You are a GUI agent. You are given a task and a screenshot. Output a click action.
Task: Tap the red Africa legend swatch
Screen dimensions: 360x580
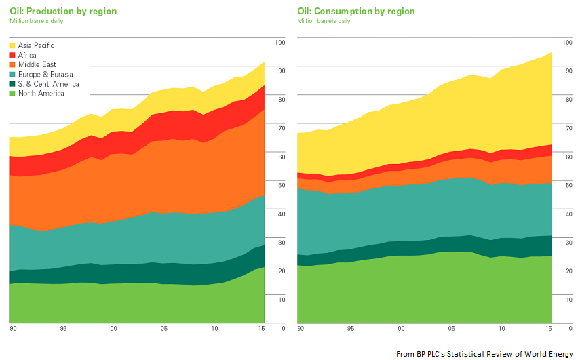click(x=14, y=56)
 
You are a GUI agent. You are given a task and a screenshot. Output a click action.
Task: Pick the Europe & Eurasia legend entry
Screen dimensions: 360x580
click(x=45, y=75)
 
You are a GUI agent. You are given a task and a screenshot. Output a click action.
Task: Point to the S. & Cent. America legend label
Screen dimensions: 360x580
click(x=48, y=84)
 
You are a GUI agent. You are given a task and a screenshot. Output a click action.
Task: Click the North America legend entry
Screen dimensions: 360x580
click(x=41, y=94)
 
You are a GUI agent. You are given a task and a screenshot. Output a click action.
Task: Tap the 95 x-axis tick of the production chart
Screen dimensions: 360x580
click(x=62, y=329)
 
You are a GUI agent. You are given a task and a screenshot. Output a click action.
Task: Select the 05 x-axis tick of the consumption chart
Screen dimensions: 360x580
click(x=451, y=329)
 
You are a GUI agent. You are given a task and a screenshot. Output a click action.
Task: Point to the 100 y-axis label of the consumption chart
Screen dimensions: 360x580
click(x=566, y=43)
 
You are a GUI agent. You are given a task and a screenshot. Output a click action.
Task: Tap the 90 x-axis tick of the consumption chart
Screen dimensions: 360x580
click(x=301, y=329)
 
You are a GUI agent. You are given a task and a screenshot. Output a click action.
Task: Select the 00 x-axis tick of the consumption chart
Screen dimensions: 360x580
click(x=401, y=329)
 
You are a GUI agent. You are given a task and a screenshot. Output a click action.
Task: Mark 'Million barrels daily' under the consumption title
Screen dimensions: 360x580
click(x=324, y=22)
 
